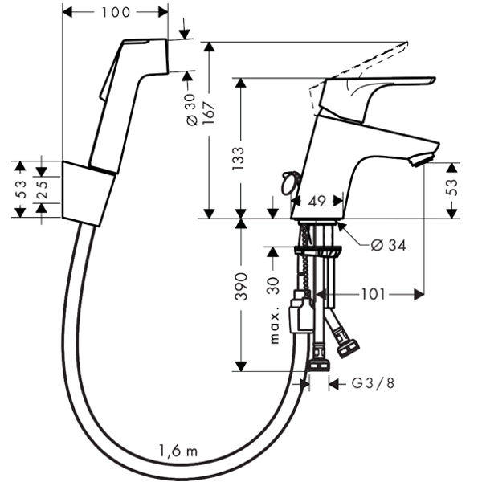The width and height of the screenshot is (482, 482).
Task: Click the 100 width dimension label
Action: click(x=116, y=13)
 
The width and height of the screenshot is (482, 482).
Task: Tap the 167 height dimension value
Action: click(x=209, y=113)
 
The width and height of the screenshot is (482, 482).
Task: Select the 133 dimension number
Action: click(x=239, y=158)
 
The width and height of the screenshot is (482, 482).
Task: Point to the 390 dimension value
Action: click(x=241, y=287)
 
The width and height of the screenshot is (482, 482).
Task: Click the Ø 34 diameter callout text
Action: click(x=389, y=245)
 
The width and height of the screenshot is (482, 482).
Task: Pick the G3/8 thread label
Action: click(x=373, y=383)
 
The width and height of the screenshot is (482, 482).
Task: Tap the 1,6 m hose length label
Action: click(x=178, y=451)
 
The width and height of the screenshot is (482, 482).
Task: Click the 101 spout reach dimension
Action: click(x=373, y=294)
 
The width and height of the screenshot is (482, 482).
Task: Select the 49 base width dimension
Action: click(x=317, y=202)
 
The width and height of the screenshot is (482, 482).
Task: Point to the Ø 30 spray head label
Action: click(x=191, y=110)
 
